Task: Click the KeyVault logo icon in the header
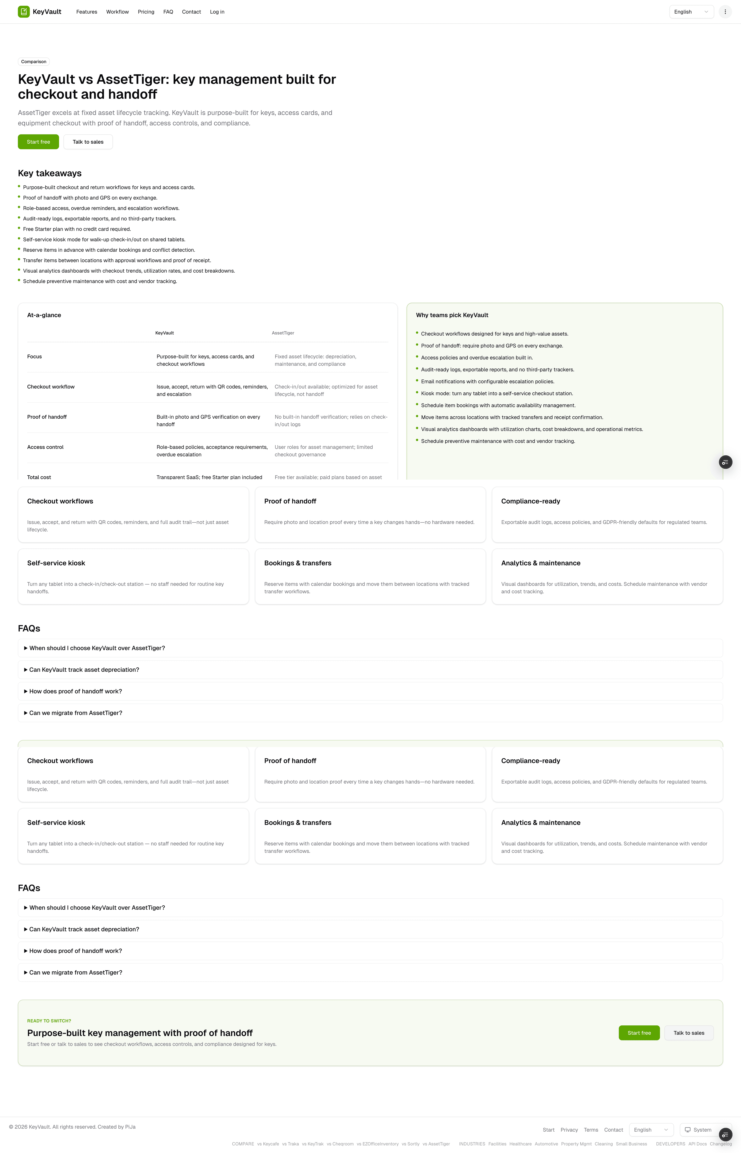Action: coord(24,12)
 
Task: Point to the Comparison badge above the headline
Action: coord(34,62)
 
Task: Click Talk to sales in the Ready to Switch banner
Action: coord(689,1033)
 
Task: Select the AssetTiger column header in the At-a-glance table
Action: coord(283,333)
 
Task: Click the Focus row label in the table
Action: coord(35,357)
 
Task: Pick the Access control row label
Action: coord(45,447)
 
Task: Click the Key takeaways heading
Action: coord(50,173)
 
